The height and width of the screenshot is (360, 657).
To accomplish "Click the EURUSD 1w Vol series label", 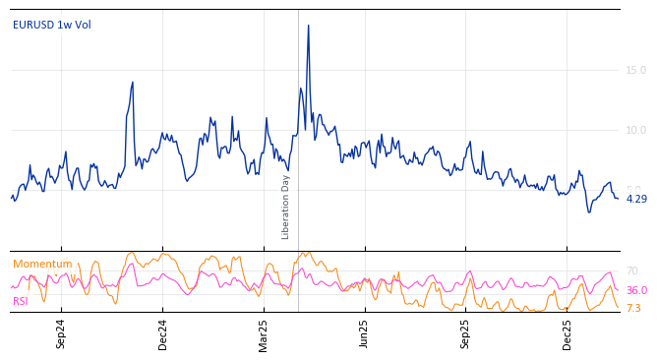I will point(52,26).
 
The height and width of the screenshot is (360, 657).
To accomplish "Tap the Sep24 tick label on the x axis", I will point(61,333).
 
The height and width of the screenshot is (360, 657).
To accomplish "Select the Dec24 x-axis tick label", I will point(163,333).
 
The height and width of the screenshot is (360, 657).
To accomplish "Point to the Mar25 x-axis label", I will point(264,333).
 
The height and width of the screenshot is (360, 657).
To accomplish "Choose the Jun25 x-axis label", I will point(365,333).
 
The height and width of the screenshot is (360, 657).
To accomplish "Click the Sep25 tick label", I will point(466,333).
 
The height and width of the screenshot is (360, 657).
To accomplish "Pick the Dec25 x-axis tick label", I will point(567,333).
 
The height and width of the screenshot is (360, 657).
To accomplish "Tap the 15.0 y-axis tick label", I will point(636,70).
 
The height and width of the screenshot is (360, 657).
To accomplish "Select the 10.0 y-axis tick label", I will point(636,130).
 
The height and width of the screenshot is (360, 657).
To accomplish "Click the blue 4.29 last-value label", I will point(636,199).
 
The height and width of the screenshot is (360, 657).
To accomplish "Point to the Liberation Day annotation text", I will point(286,207).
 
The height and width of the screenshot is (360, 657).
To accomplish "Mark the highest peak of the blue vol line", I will point(308,26).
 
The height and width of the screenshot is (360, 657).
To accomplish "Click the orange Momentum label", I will point(42,264).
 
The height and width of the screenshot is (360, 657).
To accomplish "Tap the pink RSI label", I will point(21,301).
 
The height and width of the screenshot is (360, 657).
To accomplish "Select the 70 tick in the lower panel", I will point(632,270).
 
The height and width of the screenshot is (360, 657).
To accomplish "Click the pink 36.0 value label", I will point(636,290).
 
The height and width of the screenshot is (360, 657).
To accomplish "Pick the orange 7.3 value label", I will point(633,308).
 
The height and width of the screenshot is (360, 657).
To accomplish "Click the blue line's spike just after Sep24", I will point(132,83).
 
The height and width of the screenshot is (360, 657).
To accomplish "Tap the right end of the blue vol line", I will point(618,199).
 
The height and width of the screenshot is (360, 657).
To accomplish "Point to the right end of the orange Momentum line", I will point(619,308).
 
